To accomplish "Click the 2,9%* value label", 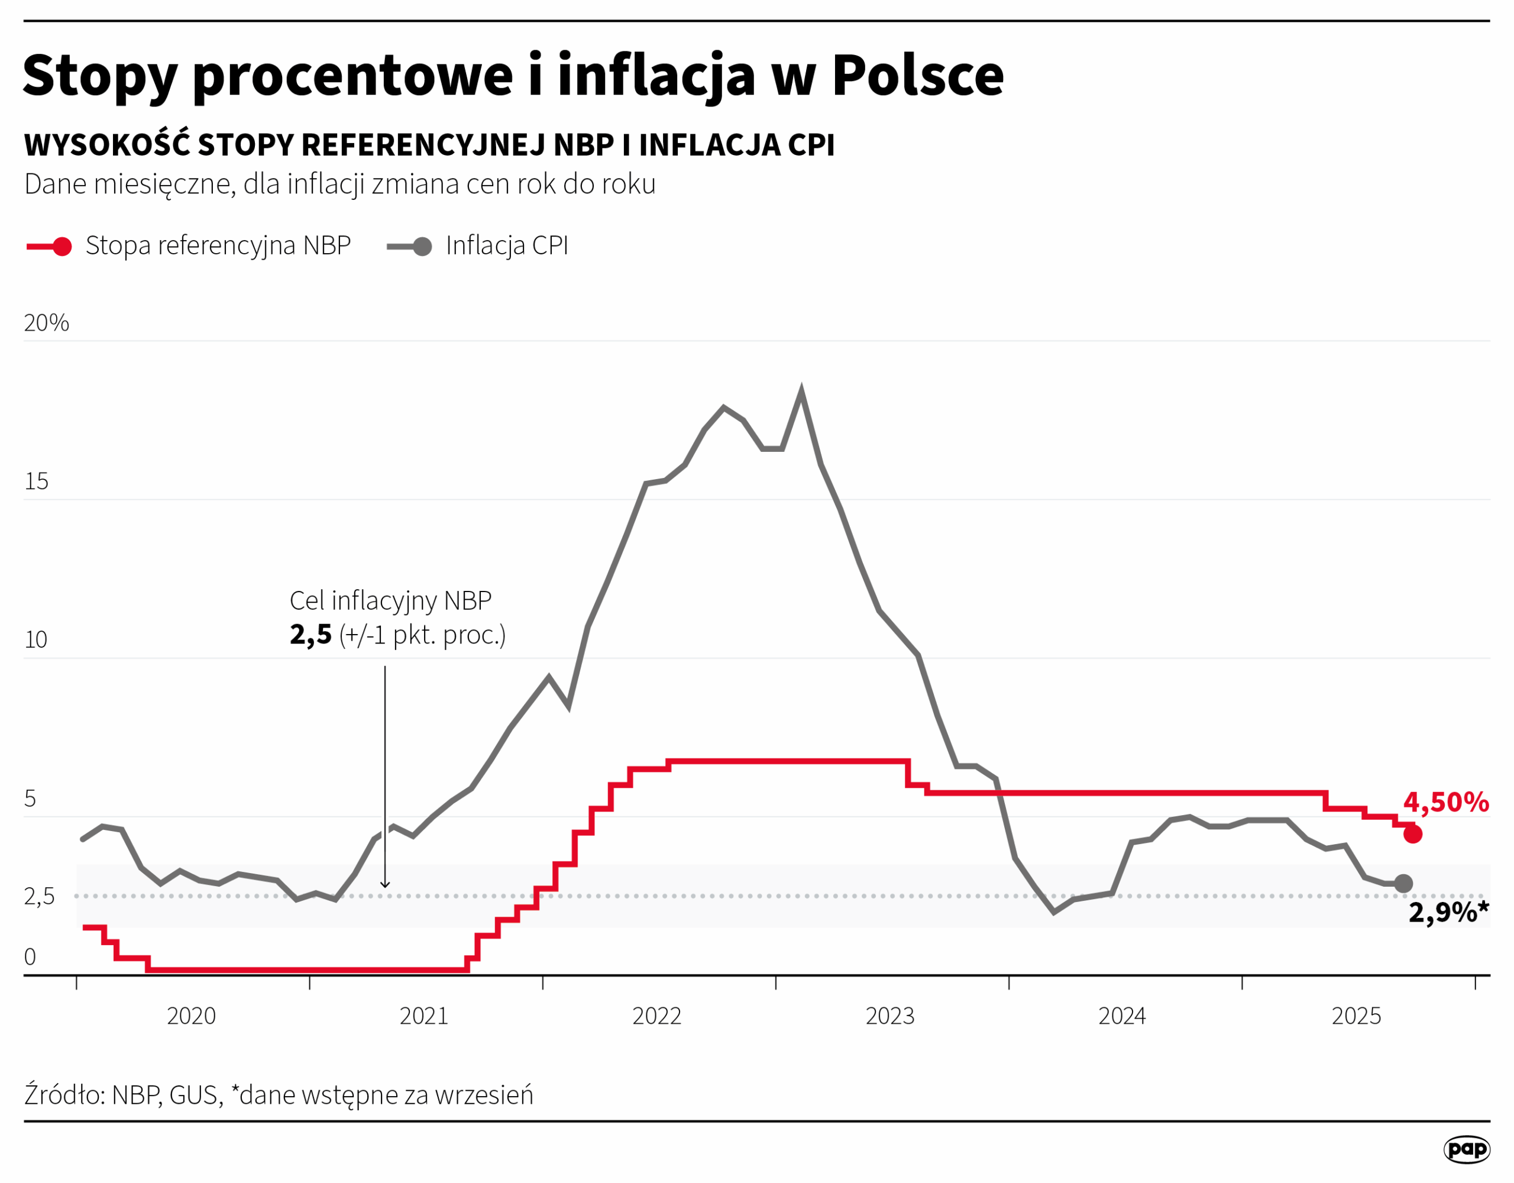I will coord(1447,913).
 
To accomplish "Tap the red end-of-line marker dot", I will coord(1413,834).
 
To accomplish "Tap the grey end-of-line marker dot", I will coord(1403,884).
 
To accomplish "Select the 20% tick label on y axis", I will coord(47,323).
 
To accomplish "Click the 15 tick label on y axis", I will coord(36,481).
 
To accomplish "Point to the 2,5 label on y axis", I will coord(39,897).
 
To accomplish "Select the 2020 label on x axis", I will coord(192,1017).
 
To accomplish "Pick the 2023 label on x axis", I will coord(889,1017).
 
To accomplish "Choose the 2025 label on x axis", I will coord(1356,1017).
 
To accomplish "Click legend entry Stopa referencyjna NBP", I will coord(218,245).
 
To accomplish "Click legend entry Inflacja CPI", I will coord(506,245).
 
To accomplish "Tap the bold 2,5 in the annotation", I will coord(310,635).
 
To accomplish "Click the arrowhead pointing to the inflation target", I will coord(385,885).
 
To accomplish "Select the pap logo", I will coord(1467,1149).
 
